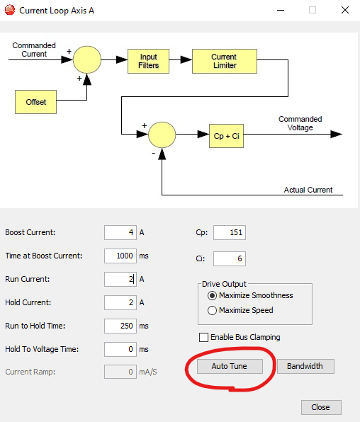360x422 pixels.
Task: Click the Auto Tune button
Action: point(230,366)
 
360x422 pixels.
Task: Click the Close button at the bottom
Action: point(321,407)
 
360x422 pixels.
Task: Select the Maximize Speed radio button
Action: point(212,310)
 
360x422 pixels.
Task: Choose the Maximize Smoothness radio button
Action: point(212,295)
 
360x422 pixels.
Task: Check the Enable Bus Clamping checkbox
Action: point(203,337)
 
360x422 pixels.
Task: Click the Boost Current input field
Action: point(120,232)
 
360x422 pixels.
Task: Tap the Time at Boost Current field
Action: point(120,256)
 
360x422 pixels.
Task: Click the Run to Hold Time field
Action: point(120,326)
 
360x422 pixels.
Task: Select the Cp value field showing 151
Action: point(230,232)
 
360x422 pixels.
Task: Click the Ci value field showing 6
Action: point(230,258)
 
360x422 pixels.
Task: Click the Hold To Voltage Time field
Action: point(120,349)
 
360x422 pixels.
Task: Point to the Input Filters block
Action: point(149,61)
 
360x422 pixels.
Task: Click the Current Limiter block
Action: point(225,61)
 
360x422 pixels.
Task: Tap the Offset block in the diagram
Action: point(36,102)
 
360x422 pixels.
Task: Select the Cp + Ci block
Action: point(226,136)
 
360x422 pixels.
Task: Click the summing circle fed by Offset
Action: point(87,59)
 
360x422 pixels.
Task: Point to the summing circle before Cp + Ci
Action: point(162,135)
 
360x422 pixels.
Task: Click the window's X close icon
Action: point(345,10)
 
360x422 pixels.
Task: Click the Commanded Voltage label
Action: point(300,123)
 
